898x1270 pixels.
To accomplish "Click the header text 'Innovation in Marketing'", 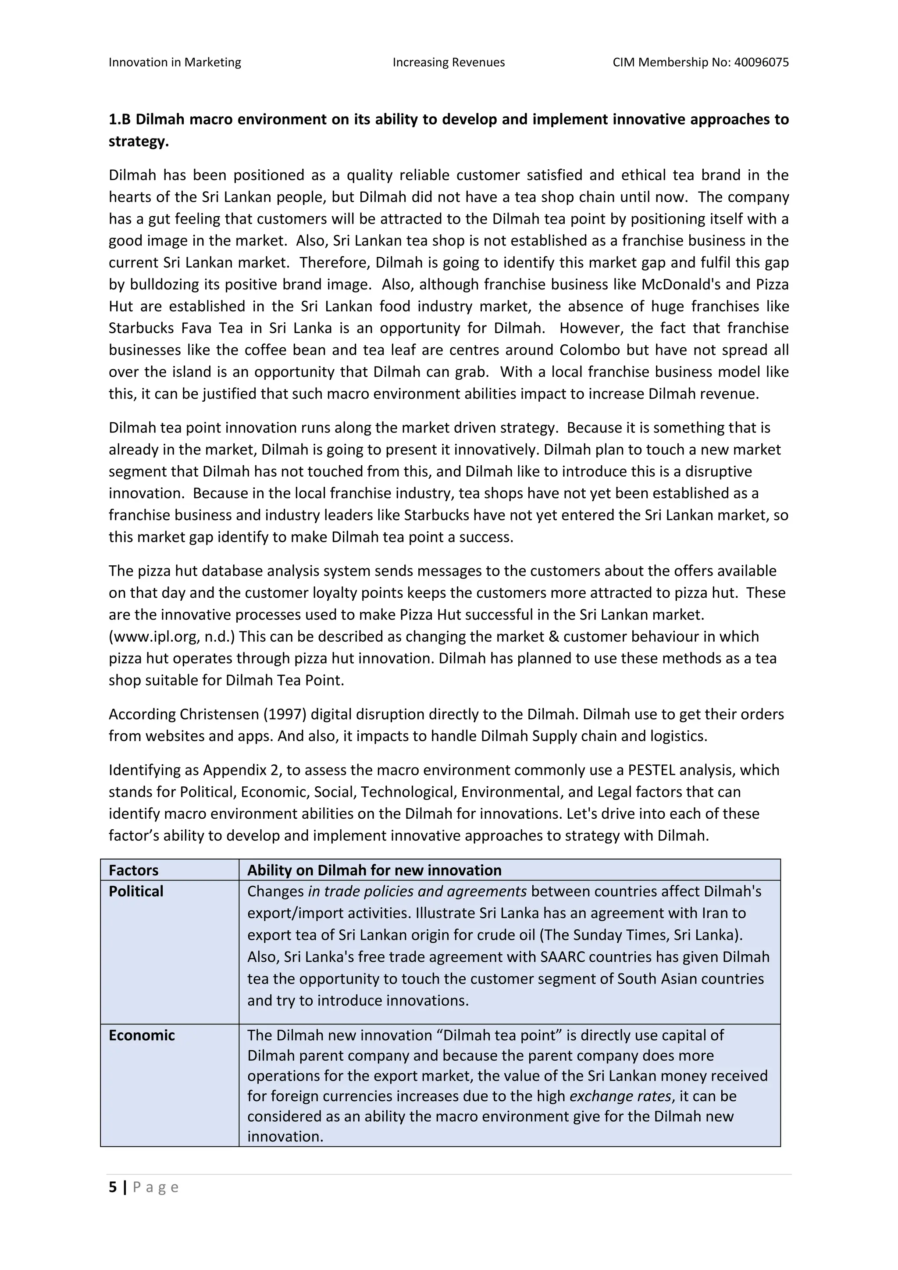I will [175, 63].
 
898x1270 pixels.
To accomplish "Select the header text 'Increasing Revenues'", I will [449, 63].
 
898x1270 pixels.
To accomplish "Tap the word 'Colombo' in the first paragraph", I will [587, 350].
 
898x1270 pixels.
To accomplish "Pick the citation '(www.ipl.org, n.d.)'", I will [172, 636].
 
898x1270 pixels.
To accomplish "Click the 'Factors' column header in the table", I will [133, 870].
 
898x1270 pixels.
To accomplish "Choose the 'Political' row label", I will [136, 892].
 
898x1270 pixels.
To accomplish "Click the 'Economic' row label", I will [142, 1035].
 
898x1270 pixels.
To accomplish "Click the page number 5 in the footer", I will [113, 1187].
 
